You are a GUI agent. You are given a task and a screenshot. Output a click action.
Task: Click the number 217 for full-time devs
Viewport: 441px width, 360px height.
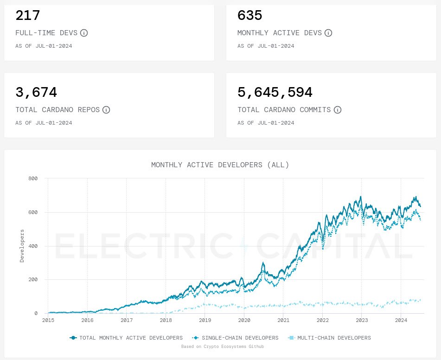point(28,16)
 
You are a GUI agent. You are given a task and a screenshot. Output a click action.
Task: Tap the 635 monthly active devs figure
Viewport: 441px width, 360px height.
point(250,16)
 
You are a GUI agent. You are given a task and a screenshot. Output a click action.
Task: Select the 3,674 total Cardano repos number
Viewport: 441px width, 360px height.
point(36,93)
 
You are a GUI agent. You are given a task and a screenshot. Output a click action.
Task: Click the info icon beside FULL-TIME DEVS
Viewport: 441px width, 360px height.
point(84,33)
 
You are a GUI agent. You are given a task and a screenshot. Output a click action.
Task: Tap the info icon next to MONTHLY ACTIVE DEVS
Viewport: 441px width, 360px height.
point(328,33)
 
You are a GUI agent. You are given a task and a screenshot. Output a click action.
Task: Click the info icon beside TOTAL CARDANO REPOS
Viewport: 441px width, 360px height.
point(106,110)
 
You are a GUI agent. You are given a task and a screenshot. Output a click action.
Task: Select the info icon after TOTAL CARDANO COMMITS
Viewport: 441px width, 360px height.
point(338,110)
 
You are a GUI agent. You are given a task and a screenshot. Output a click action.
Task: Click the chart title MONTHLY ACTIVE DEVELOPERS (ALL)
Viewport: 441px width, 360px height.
point(220,165)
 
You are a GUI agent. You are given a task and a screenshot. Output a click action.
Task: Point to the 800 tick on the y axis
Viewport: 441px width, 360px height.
point(33,178)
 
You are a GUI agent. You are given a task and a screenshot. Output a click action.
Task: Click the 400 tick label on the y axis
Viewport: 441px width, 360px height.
point(33,246)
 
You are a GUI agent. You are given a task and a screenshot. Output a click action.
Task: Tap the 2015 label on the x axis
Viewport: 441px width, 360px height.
point(48,320)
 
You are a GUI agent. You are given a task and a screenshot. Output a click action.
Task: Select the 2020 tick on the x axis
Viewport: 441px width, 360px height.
point(244,320)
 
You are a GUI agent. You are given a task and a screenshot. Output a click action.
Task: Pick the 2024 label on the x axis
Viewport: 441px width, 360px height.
point(401,320)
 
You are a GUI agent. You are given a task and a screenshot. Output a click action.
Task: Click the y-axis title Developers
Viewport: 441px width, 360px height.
point(22,245)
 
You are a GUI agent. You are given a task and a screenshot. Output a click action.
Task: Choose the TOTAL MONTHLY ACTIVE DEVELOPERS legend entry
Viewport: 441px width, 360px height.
point(126,338)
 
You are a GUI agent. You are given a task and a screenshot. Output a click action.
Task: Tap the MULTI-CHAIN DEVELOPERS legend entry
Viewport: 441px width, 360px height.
point(330,338)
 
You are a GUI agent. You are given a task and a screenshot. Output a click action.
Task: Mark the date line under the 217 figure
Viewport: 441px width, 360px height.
point(44,46)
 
